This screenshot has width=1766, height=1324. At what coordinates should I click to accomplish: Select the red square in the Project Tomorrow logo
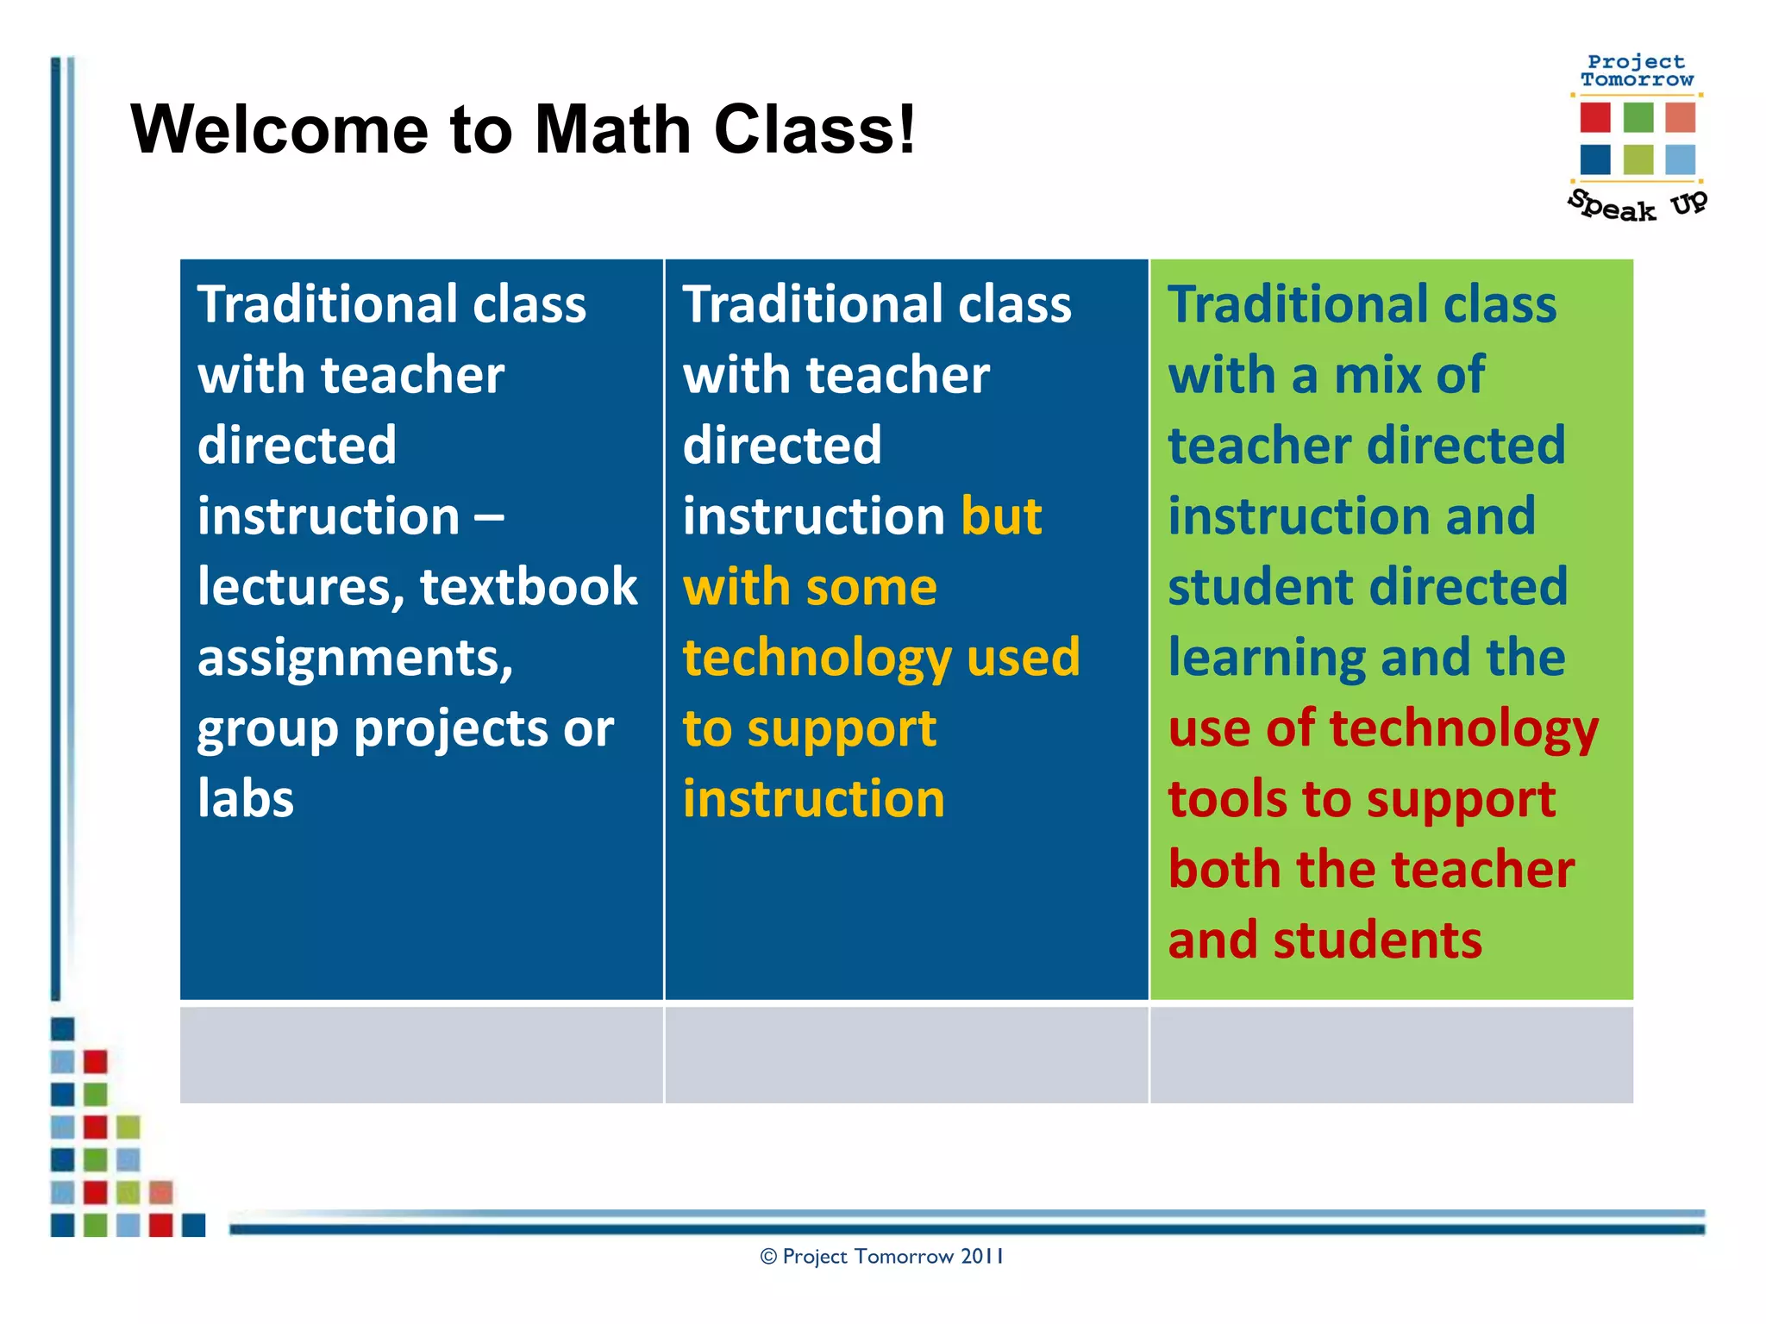pyautogui.click(x=1595, y=117)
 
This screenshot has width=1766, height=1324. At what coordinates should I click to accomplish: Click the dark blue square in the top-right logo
pyautogui.click(x=1595, y=159)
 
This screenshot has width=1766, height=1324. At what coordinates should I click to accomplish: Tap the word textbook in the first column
pyautogui.click(x=529, y=587)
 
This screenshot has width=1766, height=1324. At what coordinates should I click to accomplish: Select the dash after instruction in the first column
pyautogui.click(x=489, y=517)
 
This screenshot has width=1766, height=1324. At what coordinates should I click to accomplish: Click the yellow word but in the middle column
pyautogui.click(x=1001, y=516)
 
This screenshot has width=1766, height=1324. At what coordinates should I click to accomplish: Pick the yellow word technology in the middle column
pyautogui.click(x=817, y=658)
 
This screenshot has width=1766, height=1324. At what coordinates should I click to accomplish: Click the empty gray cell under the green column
pyautogui.click(x=1391, y=1054)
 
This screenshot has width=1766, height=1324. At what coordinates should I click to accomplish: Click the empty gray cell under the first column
pyautogui.click(x=421, y=1054)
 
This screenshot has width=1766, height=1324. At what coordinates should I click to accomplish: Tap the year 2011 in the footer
pyautogui.click(x=982, y=1257)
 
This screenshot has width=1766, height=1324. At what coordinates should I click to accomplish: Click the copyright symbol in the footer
pyautogui.click(x=768, y=1257)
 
